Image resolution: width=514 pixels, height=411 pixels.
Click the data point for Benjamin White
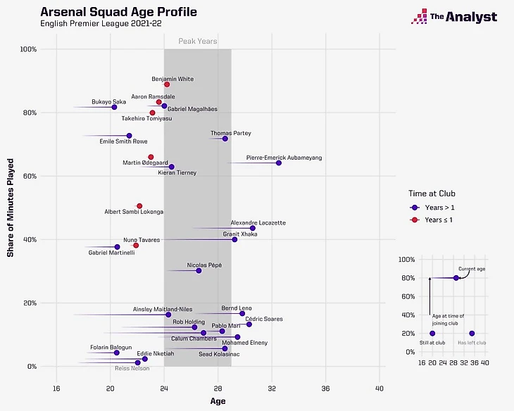[167, 84]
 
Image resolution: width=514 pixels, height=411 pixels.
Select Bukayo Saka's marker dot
[115, 107]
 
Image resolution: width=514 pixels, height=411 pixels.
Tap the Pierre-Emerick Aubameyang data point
[279, 163]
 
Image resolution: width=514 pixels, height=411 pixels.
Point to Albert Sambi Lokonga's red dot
[139, 205]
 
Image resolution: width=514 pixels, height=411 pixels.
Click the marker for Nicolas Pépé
[199, 270]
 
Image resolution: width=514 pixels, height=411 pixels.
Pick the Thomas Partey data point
[225, 139]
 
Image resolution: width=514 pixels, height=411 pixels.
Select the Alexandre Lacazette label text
[258, 222]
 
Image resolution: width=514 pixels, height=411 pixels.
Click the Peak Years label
[197, 42]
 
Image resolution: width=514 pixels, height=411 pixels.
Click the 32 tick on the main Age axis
[272, 388]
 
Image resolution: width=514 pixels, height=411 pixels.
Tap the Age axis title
[218, 402]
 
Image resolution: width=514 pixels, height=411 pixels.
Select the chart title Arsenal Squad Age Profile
[119, 13]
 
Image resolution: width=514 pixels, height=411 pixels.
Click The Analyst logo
[454, 17]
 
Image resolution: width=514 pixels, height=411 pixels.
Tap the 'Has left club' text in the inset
[472, 343]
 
